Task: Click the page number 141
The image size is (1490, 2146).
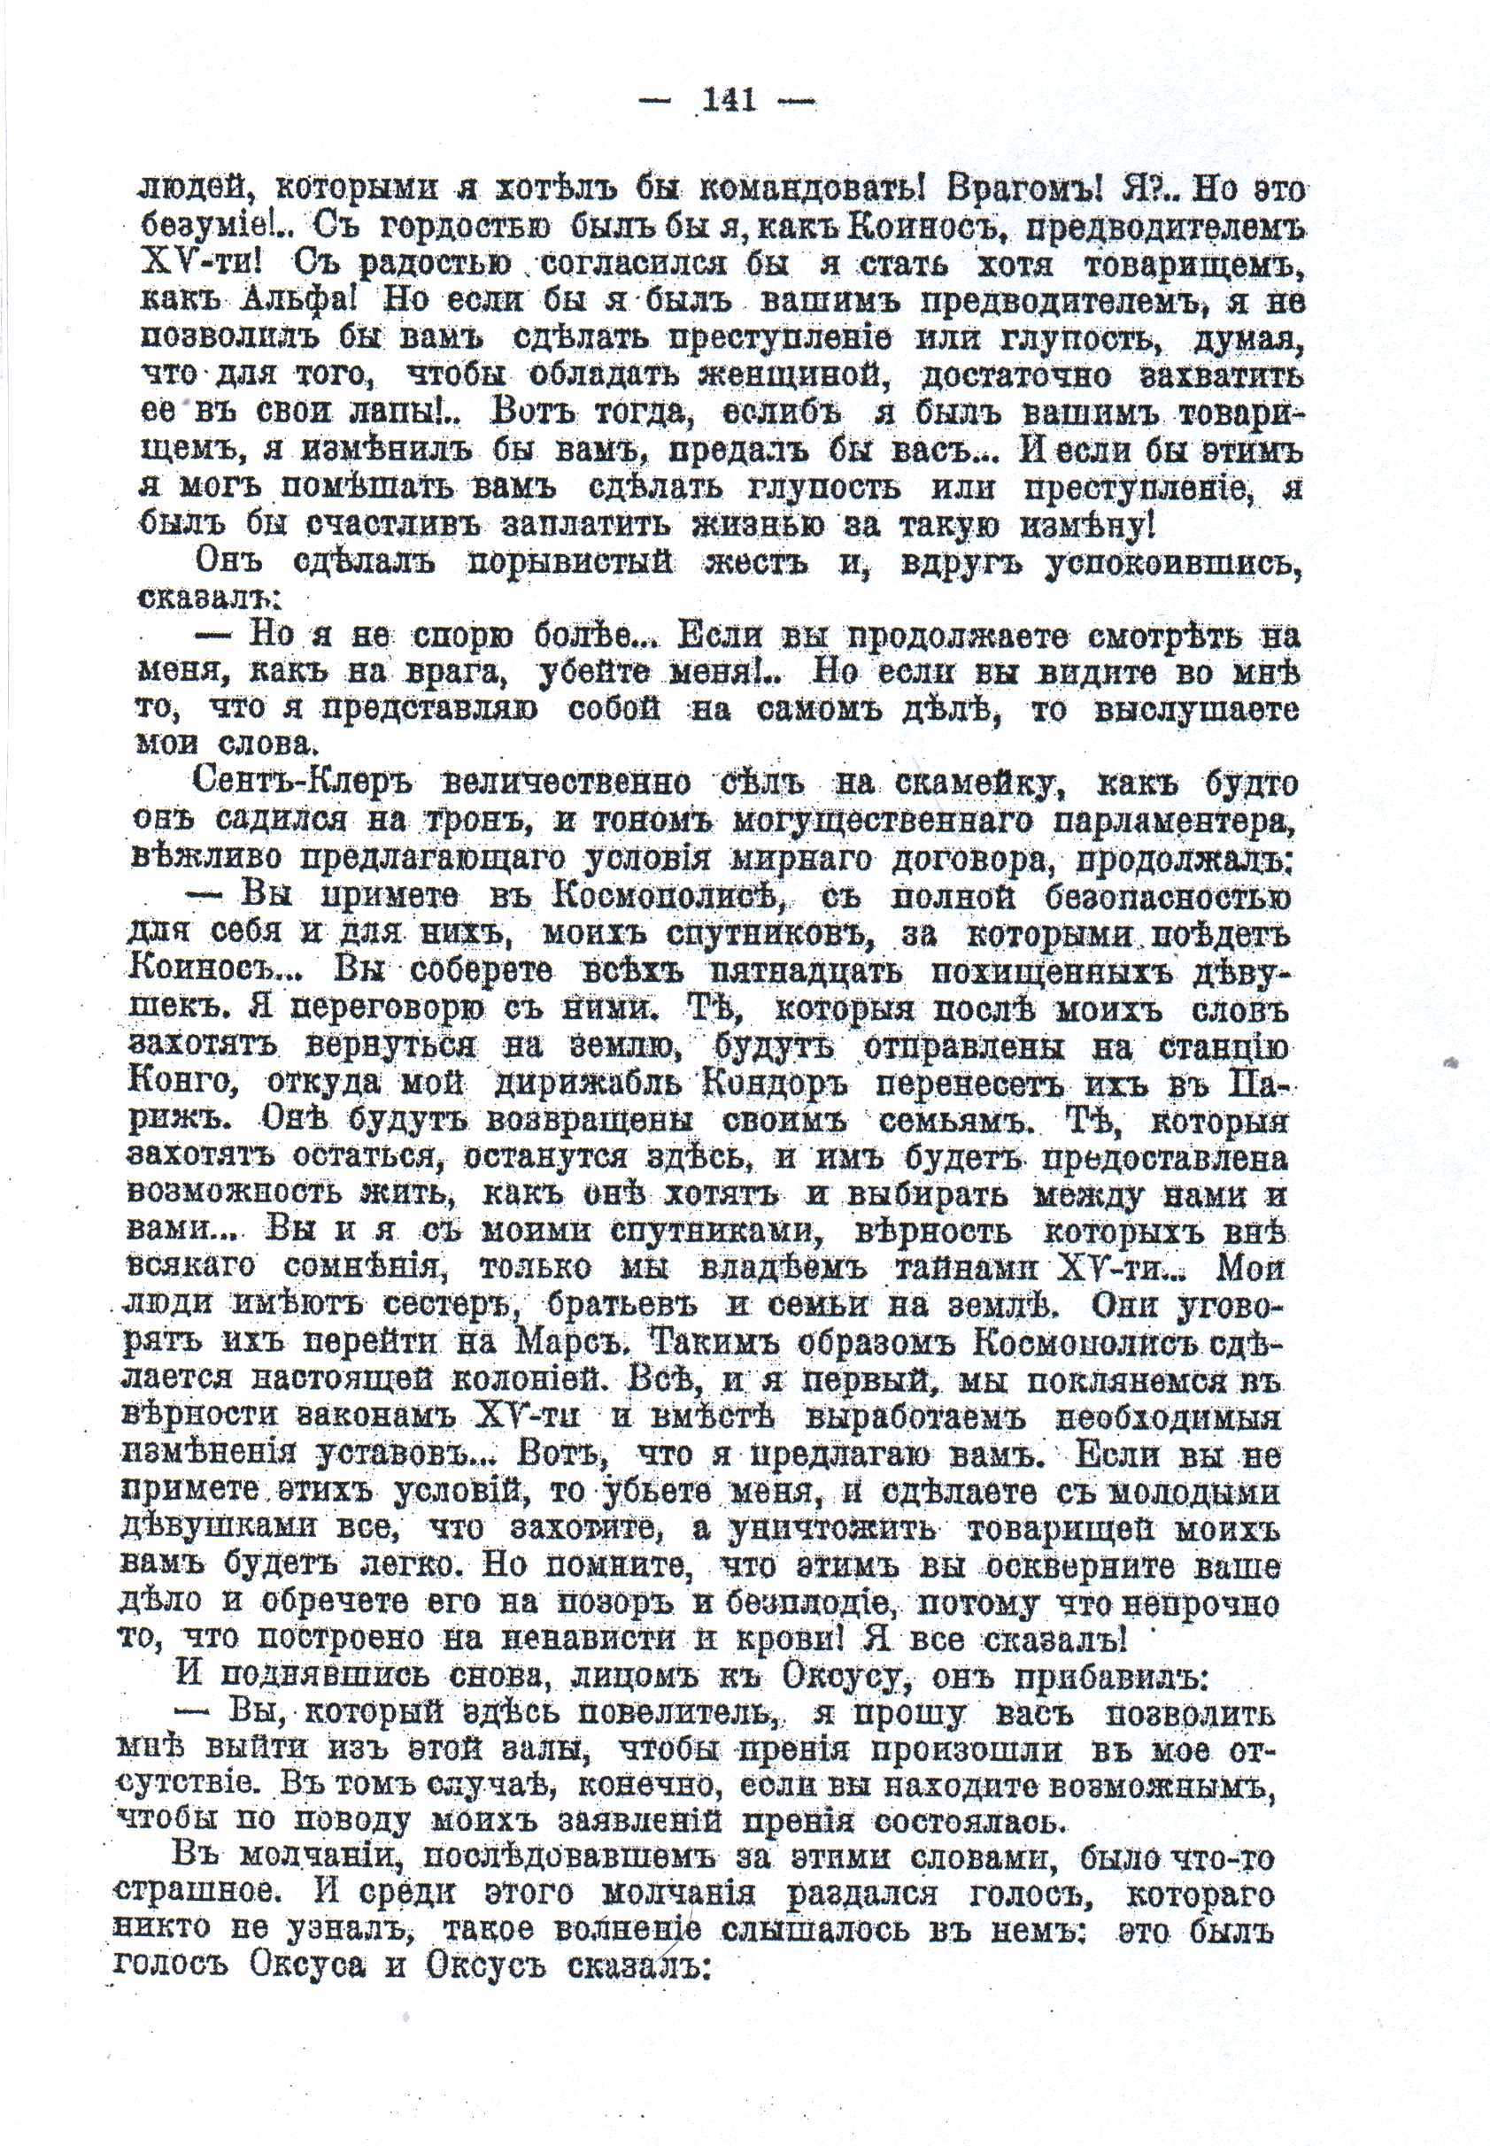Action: tap(730, 100)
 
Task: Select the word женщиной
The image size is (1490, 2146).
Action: tap(791, 377)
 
